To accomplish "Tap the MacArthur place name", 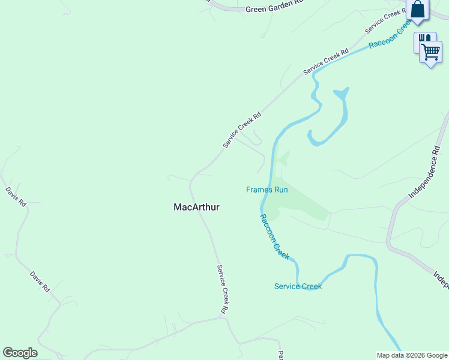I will click(x=196, y=207).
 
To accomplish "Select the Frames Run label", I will click(x=267, y=190).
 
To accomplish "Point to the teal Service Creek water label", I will click(x=298, y=286).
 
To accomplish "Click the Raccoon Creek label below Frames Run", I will click(x=275, y=236).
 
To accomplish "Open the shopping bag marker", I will click(x=418, y=10).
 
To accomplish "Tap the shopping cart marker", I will click(x=431, y=52).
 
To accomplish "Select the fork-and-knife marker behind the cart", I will click(x=423, y=39).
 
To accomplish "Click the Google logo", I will click(x=20, y=353).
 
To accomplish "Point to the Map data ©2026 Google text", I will click(x=412, y=355).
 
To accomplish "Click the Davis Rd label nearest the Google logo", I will click(x=40, y=281).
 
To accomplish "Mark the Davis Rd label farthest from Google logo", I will click(x=16, y=196).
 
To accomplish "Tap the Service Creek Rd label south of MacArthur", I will click(x=223, y=289).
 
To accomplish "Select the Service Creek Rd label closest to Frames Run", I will click(x=242, y=130).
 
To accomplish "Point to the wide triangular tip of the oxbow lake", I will click(x=341, y=93).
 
